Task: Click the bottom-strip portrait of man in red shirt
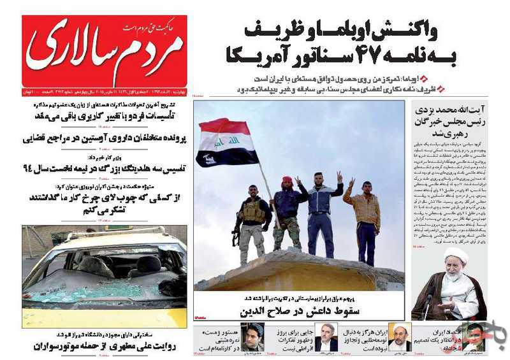click(x=474, y=336)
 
